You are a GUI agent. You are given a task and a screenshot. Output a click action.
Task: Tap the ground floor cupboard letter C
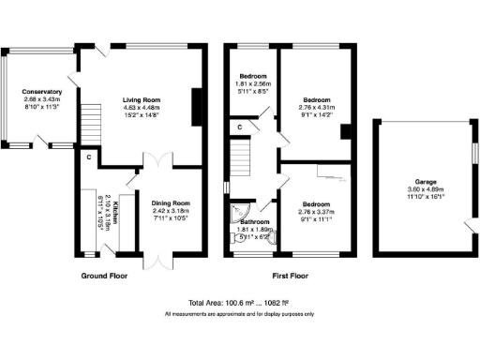click(x=89, y=157)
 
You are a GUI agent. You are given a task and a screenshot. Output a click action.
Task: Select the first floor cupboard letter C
click(x=240, y=126)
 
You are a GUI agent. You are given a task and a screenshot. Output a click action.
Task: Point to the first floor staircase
click(x=242, y=155)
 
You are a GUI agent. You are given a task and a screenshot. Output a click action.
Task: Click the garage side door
click(x=469, y=223)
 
